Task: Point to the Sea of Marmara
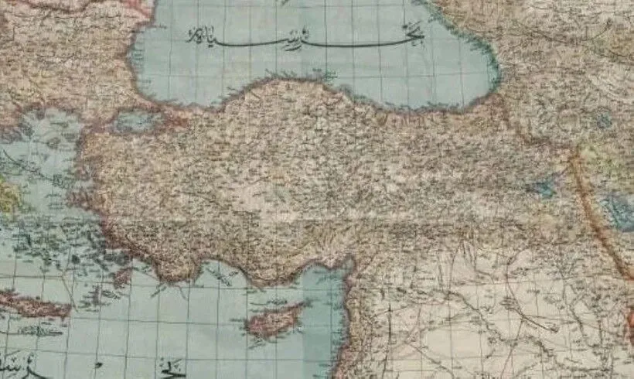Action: click(x=131, y=121)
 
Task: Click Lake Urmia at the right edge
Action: click(x=619, y=210)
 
